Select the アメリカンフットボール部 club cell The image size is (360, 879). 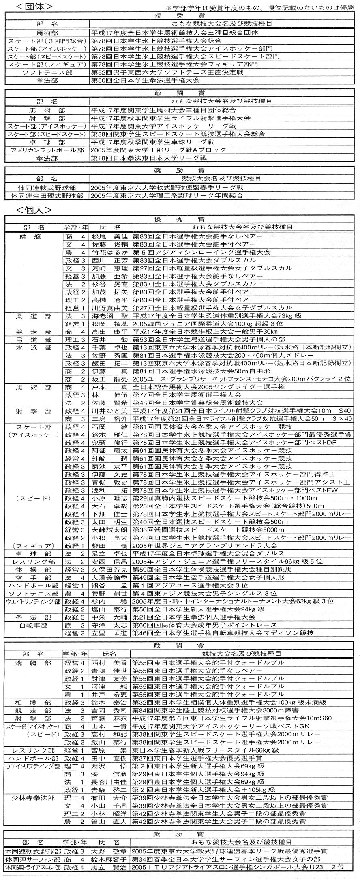click(47, 150)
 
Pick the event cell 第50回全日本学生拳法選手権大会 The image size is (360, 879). click(145, 80)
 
